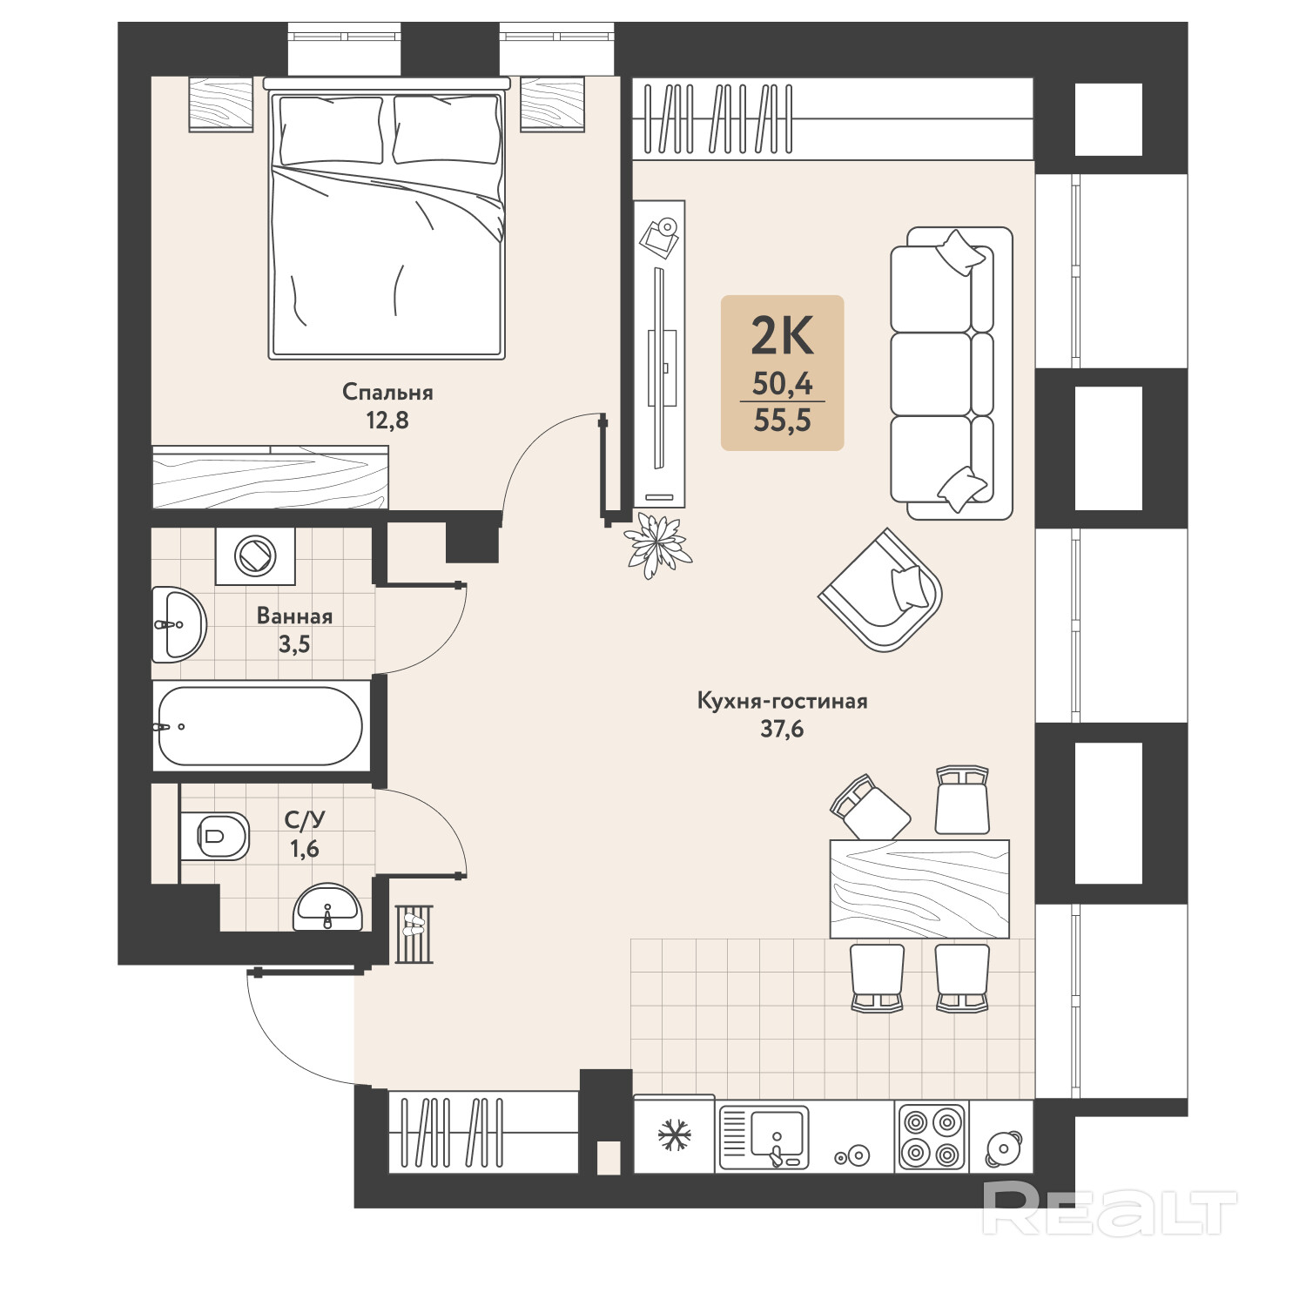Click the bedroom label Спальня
pos(387,393)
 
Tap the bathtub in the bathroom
pos(259,725)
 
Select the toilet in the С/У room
pos(215,836)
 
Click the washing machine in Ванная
pos(256,555)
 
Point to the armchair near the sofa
pos(881,589)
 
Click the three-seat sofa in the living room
pos(951,374)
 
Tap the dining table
pos(919,889)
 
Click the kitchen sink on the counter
pos(764,1136)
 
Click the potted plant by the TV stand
pos(657,546)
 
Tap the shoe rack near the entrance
pos(414,933)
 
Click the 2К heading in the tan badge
pos(782,335)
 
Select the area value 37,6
pos(782,730)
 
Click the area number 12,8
pos(387,421)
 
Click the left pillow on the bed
pos(330,130)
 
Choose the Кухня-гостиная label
pos(782,701)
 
